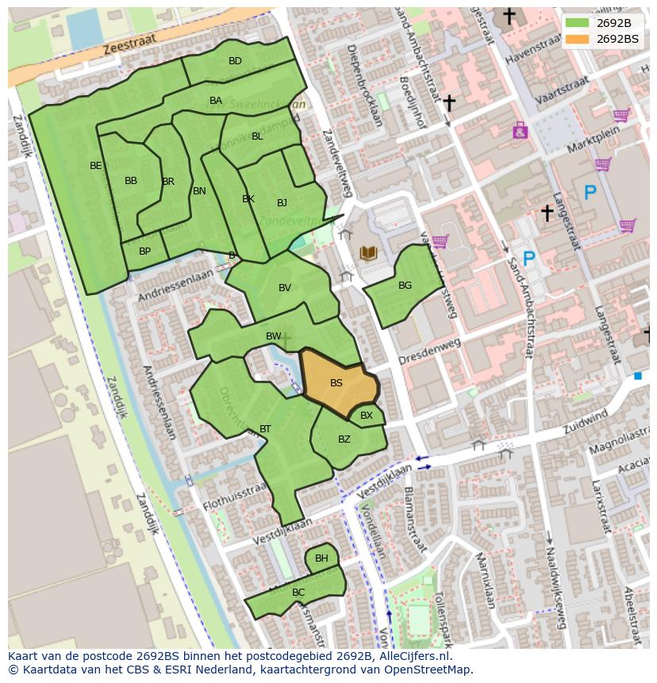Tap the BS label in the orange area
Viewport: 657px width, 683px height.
click(336, 383)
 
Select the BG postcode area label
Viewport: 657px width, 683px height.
click(405, 286)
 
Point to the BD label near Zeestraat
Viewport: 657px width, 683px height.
click(235, 61)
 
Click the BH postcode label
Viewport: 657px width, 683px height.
click(321, 558)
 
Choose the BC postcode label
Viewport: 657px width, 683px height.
click(298, 592)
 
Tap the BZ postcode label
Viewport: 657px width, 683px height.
click(344, 439)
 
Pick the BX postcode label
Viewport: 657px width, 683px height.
click(367, 415)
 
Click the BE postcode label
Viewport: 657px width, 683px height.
click(96, 166)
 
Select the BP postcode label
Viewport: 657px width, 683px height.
click(144, 251)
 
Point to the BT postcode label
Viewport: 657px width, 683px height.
click(265, 429)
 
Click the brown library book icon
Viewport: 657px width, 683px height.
click(368, 253)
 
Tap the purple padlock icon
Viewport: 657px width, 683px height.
click(520, 130)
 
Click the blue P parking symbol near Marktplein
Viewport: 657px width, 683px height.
click(590, 192)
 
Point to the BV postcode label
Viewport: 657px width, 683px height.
click(285, 288)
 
